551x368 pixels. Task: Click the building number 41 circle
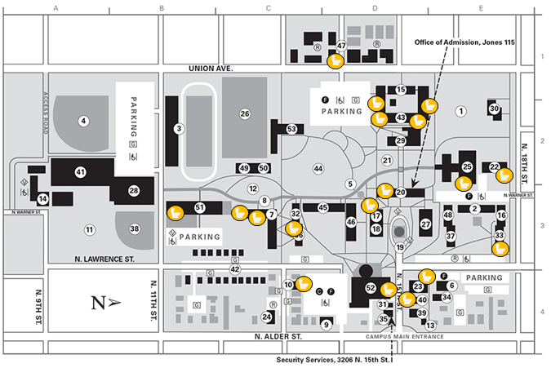pos(80,172)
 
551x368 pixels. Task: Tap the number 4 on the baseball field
pos(83,122)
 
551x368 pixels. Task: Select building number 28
pos(135,191)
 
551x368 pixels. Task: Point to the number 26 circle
pos(244,114)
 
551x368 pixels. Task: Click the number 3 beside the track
pos(179,128)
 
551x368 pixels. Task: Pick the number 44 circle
pos(318,169)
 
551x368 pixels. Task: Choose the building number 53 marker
pos(292,129)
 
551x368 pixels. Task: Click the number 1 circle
pos(460,111)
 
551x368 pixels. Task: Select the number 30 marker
pos(494,109)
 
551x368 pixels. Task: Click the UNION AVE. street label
pos(211,69)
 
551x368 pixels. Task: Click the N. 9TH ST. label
pos(38,304)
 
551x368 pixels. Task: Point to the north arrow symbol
pos(101,304)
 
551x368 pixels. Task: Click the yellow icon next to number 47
pos(335,60)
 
